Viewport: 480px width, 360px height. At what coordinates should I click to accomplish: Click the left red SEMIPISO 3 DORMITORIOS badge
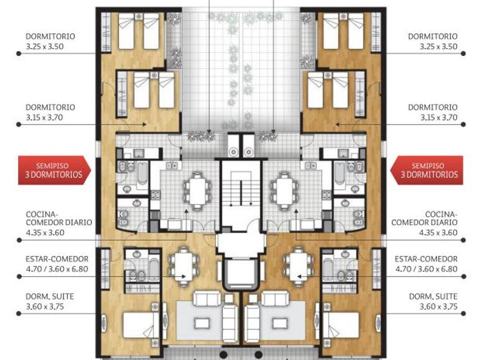[54, 170]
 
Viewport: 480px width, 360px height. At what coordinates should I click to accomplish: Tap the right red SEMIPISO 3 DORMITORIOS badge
[427, 170]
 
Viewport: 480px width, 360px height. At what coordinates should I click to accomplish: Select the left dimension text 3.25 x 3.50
[45, 46]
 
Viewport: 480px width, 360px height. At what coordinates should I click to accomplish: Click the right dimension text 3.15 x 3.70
[439, 118]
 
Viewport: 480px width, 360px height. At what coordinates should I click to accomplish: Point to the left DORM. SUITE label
[50, 297]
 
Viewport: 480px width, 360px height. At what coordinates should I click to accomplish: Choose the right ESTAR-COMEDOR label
[426, 259]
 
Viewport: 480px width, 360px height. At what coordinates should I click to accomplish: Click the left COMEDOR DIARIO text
[59, 222]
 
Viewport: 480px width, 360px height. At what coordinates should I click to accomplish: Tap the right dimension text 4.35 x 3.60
[438, 233]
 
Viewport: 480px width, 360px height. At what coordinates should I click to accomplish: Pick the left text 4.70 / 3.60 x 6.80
[57, 269]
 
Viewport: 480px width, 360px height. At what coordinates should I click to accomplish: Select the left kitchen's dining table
[198, 191]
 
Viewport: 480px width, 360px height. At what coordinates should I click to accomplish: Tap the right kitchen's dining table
[285, 191]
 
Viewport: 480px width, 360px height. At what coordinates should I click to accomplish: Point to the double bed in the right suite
[341, 325]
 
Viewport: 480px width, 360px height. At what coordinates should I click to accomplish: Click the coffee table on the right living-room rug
[280, 323]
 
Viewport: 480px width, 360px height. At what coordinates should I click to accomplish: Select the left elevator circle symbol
[234, 151]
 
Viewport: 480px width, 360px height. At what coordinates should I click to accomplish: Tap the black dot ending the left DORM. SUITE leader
[19, 314]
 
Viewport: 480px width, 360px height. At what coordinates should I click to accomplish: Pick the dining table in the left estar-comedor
[183, 266]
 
